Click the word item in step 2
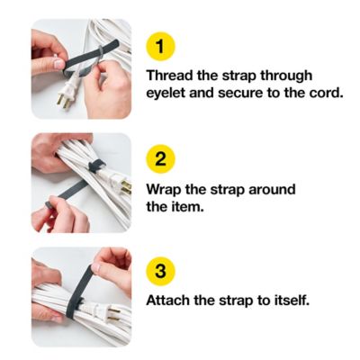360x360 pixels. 190,209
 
